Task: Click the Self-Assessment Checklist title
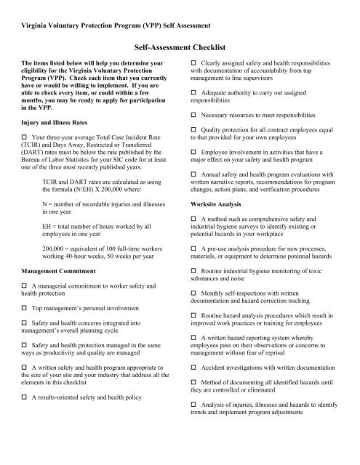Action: (x=180, y=46)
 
